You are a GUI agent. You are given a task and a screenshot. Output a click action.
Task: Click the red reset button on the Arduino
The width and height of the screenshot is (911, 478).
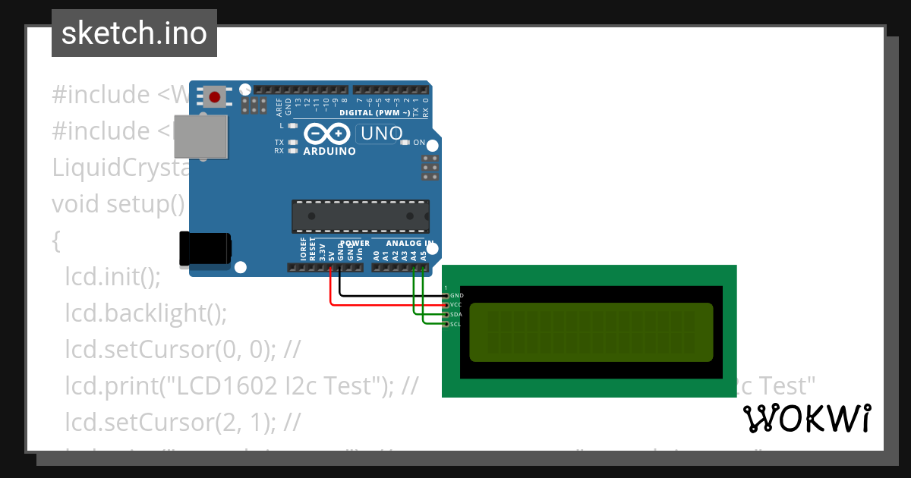tap(215, 97)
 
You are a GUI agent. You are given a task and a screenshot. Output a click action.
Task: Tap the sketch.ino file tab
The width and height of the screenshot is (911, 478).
tap(134, 33)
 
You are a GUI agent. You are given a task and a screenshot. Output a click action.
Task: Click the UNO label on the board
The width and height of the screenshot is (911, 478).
tap(381, 134)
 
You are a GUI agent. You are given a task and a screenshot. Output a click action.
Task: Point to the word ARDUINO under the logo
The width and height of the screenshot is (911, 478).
tap(329, 151)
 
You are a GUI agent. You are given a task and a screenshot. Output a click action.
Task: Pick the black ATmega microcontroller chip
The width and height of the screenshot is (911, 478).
tap(361, 216)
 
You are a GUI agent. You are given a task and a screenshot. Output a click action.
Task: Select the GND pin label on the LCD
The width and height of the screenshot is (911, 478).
tap(456, 295)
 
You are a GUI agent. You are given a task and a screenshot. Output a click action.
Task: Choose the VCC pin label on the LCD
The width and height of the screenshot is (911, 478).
tap(456, 304)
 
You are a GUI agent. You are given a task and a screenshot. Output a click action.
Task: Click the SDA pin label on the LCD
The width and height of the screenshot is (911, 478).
tap(456, 314)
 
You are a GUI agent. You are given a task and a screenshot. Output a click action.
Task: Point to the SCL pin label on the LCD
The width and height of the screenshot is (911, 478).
tap(456, 324)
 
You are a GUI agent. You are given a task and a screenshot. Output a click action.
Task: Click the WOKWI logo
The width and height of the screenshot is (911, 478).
tap(806, 418)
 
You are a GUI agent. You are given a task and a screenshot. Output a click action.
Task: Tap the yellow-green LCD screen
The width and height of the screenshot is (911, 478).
tap(591, 332)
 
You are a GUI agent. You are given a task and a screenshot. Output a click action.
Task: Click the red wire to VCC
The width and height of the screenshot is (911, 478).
tap(380, 304)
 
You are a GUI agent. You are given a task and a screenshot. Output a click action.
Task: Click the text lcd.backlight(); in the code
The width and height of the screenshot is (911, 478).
tap(146, 313)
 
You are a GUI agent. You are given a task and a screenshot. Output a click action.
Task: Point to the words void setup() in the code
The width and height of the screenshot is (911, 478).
tap(118, 204)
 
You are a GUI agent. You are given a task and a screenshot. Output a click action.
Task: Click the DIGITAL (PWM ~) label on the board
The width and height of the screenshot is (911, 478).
tap(380, 112)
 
